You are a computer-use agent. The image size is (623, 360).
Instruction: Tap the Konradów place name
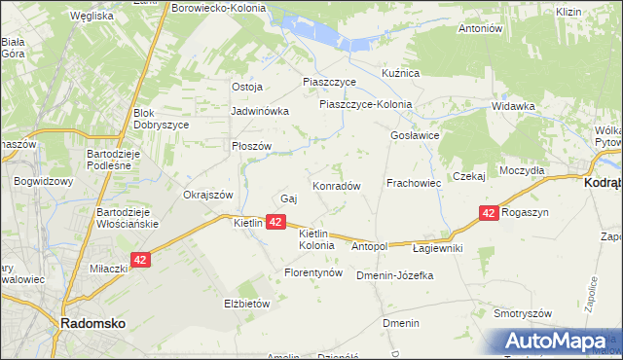click(x=337, y=185)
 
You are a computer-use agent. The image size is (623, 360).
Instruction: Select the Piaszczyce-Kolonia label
click(x=366, y=104)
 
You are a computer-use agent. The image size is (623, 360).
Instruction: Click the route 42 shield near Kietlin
click(x=276, y=223)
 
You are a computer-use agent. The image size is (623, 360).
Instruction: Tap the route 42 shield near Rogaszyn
click(x=489, y=213)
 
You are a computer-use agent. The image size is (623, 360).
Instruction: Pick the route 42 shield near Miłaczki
click(x=140, y=260)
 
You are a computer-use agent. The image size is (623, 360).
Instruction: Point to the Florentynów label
click(x=313, y=273)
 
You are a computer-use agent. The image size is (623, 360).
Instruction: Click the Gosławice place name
click(x=415, y=135)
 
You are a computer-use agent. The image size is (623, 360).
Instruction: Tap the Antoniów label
click(x=480, y=28)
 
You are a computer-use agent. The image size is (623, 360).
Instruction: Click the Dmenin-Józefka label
click(x=394, y=275)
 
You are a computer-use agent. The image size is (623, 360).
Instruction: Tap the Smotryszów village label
click(x=523, y=313)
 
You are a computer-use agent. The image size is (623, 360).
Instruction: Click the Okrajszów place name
click(x=208, y=194)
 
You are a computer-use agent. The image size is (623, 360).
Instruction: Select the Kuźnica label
click(x=400, y=73)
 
